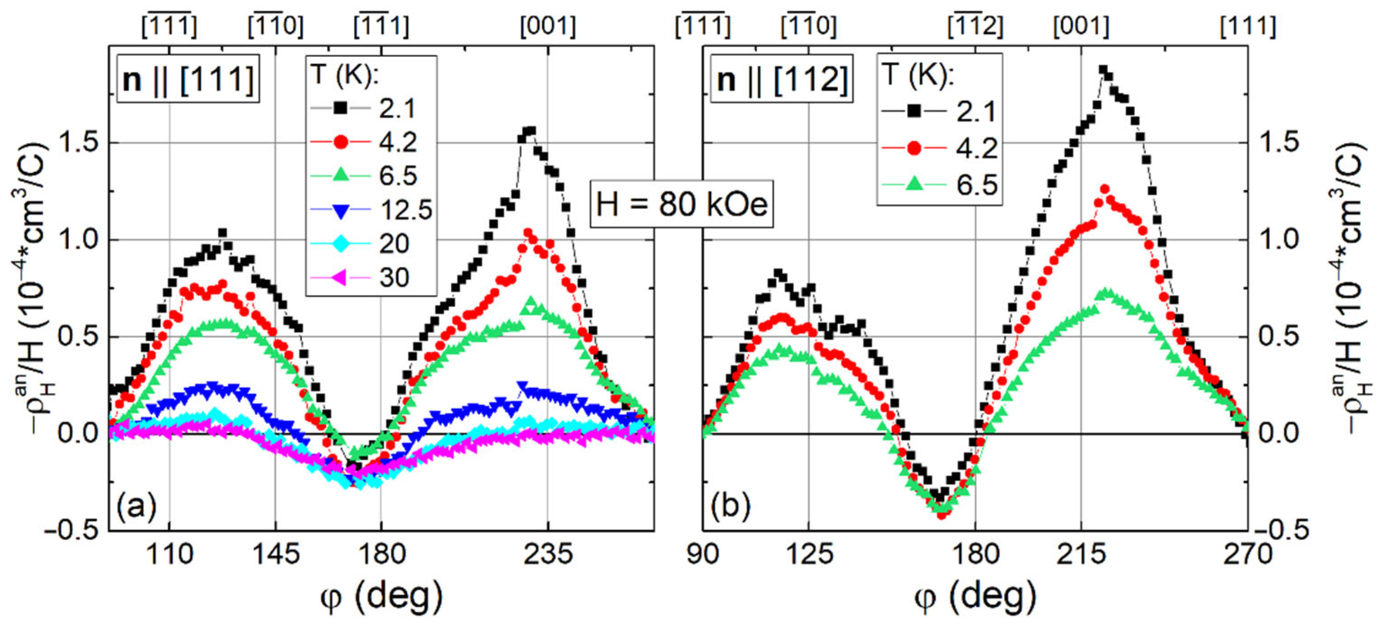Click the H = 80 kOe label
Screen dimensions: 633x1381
coord(682,204)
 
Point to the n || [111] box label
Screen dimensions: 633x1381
coord(188,79)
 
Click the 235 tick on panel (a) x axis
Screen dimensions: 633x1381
coord(548,554)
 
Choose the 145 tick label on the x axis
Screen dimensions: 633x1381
coord(275,554)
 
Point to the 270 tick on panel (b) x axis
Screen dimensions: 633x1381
coord(1247,554)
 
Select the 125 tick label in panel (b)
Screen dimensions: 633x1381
coord(809,554)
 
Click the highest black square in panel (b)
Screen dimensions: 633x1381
coord(1103,70)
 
